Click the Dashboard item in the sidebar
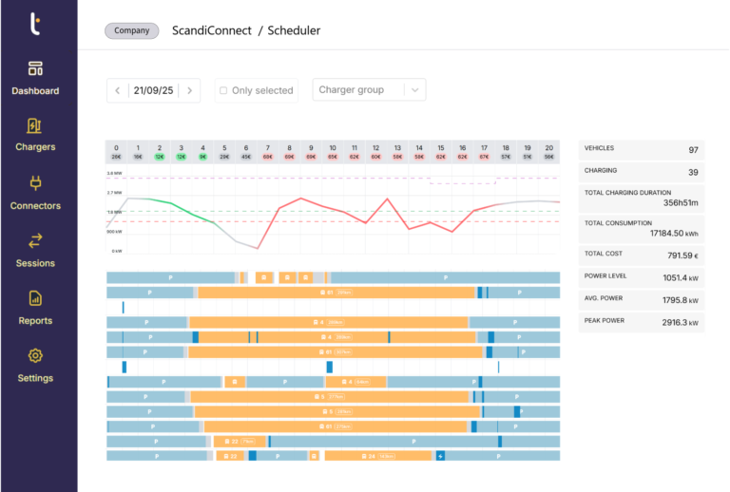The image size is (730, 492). pyautogui.click(x=35, y=78)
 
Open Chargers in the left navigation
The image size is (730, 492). pyautogui.click(x=35, y=135)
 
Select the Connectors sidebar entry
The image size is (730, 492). pyautogui.click(x=35, y=193)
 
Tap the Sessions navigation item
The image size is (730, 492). pyautogui.click(x=35, y=250)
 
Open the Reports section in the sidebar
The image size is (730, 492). pyautogui.click(x=35, y=308)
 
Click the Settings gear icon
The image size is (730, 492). pyautogui.click(x=35, y=356)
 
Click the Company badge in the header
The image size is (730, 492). pyautogui.click(x=131, y=30)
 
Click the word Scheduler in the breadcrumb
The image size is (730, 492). pyautogui.click(x=294, y=30)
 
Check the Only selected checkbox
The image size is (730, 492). pyautogui.click(x=223, y=90)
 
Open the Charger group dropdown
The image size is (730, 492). pyautogui.click(x=369, y=90)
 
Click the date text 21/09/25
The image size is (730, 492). pyautogui.click(x=153, y=90)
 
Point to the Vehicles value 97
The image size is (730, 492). pyautogui.click(x=693, y=150)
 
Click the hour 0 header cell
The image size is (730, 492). pyautogui.click(x=116, y=152)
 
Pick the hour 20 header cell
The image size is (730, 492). pyautogui.click(x=548, y=152)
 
